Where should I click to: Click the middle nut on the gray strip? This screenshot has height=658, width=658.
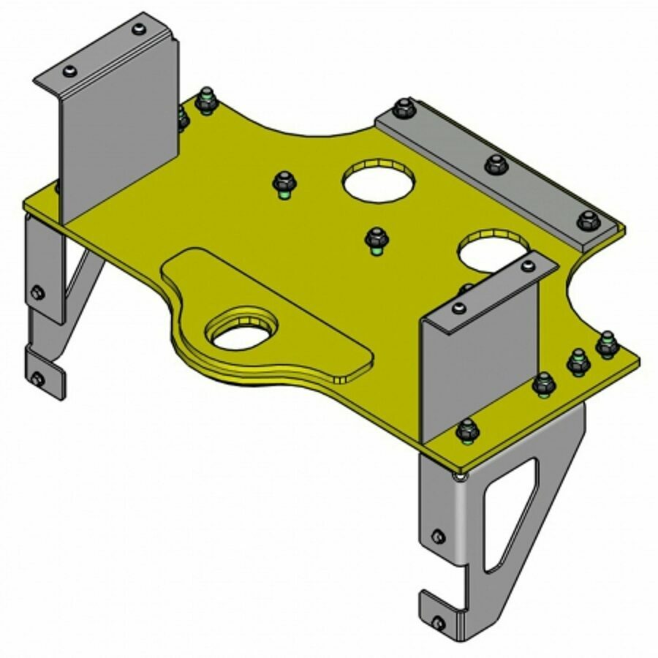click(496, 164)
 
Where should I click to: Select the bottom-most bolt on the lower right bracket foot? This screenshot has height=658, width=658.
click(437, 624)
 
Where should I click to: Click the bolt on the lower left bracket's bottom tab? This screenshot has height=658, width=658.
click(37, 378)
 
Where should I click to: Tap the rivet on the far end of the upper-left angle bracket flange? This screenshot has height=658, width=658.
click(138, 30)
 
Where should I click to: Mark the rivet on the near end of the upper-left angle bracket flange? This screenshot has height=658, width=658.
click(69, 71)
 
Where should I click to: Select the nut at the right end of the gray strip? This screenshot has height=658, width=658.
click(589, 219)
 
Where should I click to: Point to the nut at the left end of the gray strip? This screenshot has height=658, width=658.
click(404, 109)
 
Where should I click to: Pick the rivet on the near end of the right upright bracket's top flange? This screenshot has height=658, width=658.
click(457, 308)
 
